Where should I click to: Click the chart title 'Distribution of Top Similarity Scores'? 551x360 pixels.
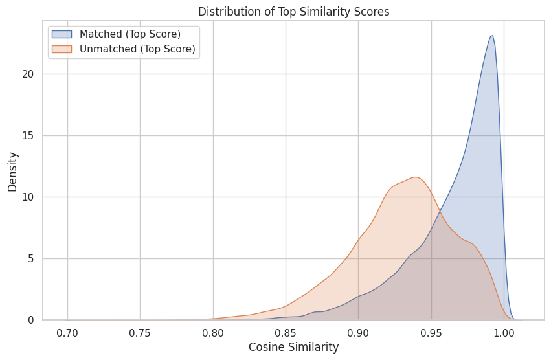293,12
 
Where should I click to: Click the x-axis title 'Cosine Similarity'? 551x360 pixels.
293,347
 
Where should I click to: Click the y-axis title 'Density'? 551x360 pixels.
12,171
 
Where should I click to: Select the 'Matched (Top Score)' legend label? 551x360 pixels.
129,34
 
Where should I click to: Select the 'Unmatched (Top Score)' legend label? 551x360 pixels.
137,49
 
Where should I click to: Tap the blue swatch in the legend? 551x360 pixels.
63,34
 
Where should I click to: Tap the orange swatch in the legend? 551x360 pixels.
63,49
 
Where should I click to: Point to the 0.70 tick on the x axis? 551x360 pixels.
67,332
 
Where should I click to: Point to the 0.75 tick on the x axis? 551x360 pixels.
140,332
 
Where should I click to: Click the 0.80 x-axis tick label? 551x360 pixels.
213,332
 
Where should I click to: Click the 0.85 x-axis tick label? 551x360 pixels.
286,332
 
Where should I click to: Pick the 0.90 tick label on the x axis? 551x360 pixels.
358,332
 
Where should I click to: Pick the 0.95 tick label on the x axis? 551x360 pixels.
431,332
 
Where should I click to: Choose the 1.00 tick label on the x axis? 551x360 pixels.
504,332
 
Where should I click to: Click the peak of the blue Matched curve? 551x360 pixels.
492,36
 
